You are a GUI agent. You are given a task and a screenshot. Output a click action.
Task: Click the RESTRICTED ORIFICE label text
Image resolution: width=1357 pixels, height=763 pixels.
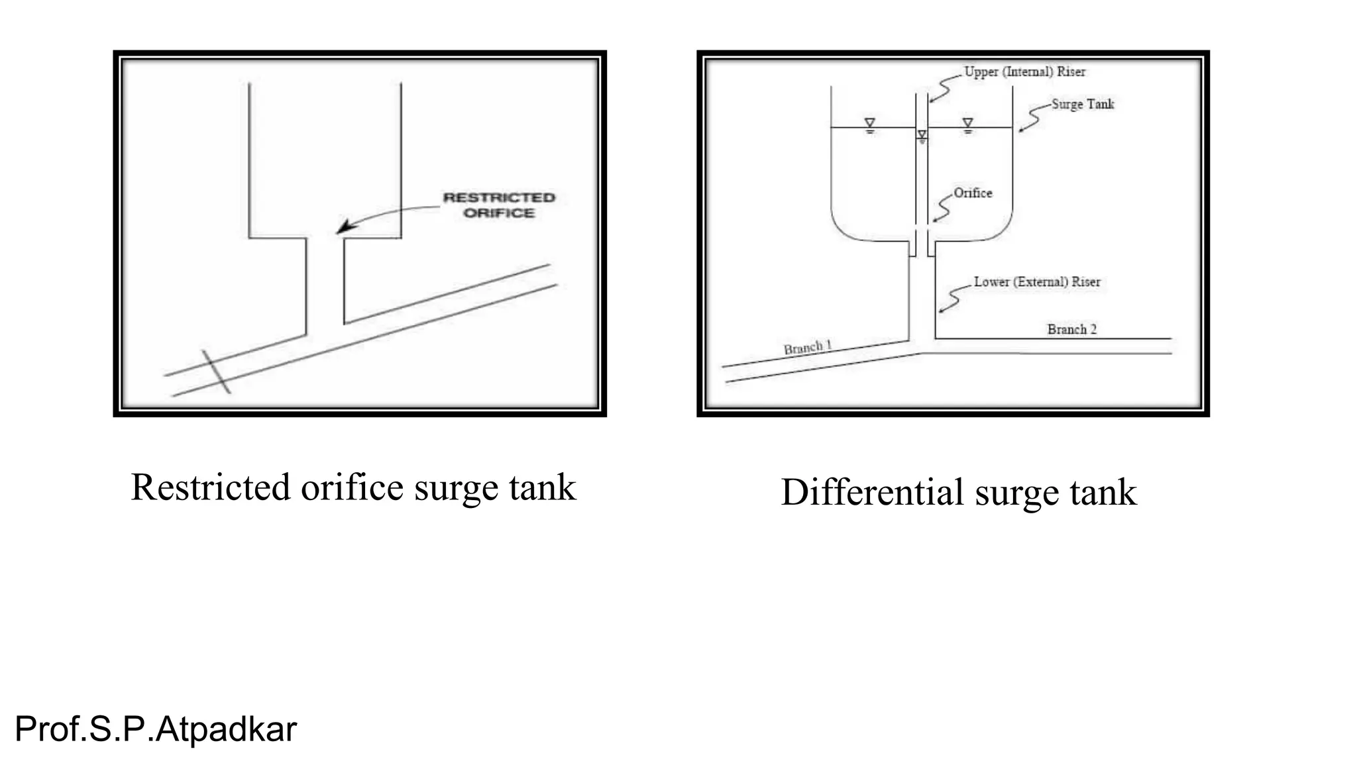pos(499,205)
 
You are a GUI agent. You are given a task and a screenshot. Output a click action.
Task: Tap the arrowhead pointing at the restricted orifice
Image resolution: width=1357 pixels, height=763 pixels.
pos(344,227)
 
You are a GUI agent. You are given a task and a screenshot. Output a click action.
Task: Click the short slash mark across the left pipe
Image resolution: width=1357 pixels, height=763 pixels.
pos(217,372)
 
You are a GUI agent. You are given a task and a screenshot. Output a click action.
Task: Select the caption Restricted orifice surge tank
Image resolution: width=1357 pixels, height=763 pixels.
pos(353,487)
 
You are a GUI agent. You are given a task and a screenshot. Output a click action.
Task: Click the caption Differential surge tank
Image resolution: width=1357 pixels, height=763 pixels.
pos(958,492)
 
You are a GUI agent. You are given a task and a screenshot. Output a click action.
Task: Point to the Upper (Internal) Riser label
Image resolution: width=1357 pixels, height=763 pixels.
pos(1024,72)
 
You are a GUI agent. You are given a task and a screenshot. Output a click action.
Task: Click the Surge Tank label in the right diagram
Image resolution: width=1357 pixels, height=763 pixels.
pos(1083,104)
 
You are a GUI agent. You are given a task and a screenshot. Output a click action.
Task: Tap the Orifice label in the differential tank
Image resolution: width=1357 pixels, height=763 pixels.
pos(973,193)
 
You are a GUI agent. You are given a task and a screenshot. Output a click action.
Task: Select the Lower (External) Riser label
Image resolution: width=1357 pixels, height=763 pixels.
pos(1037,281)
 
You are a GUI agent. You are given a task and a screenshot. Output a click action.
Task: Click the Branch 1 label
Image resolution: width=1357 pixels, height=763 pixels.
pos(807,347)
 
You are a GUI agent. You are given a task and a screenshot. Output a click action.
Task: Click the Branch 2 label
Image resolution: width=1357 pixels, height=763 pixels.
pos(1071,329)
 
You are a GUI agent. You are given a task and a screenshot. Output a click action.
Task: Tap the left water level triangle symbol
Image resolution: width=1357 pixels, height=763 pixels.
pos(870,123)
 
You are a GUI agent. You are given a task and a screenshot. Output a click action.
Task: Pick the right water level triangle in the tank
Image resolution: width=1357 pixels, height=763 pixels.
pos(967,123)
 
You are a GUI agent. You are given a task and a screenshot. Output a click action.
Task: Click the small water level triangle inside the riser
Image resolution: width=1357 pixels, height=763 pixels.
pos(922,135)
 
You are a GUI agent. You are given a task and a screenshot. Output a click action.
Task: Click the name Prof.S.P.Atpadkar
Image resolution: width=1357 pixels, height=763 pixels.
pos(156,729)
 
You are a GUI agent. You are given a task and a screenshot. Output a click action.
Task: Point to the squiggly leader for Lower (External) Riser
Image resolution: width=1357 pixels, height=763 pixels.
pos(951,299)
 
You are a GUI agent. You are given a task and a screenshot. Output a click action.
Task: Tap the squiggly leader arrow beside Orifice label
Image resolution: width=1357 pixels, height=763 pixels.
pos(942,207)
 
